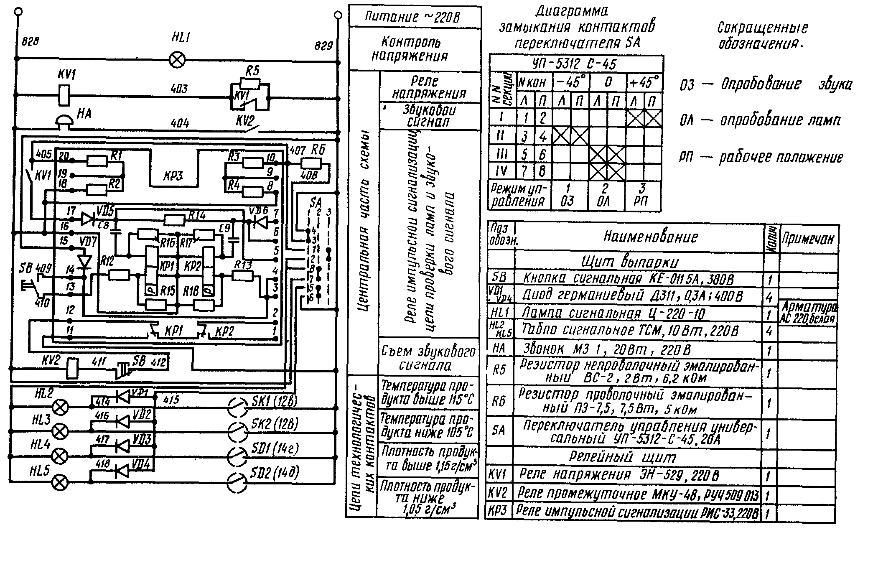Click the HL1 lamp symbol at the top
tap(178, 61)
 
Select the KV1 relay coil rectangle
tap(63, 96)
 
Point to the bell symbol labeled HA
tap(65, 120)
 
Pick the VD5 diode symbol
tap(88, 219)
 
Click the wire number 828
tap(30, 42)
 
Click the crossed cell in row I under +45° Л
tap(635, 119)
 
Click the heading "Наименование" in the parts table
tap(650, 237)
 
